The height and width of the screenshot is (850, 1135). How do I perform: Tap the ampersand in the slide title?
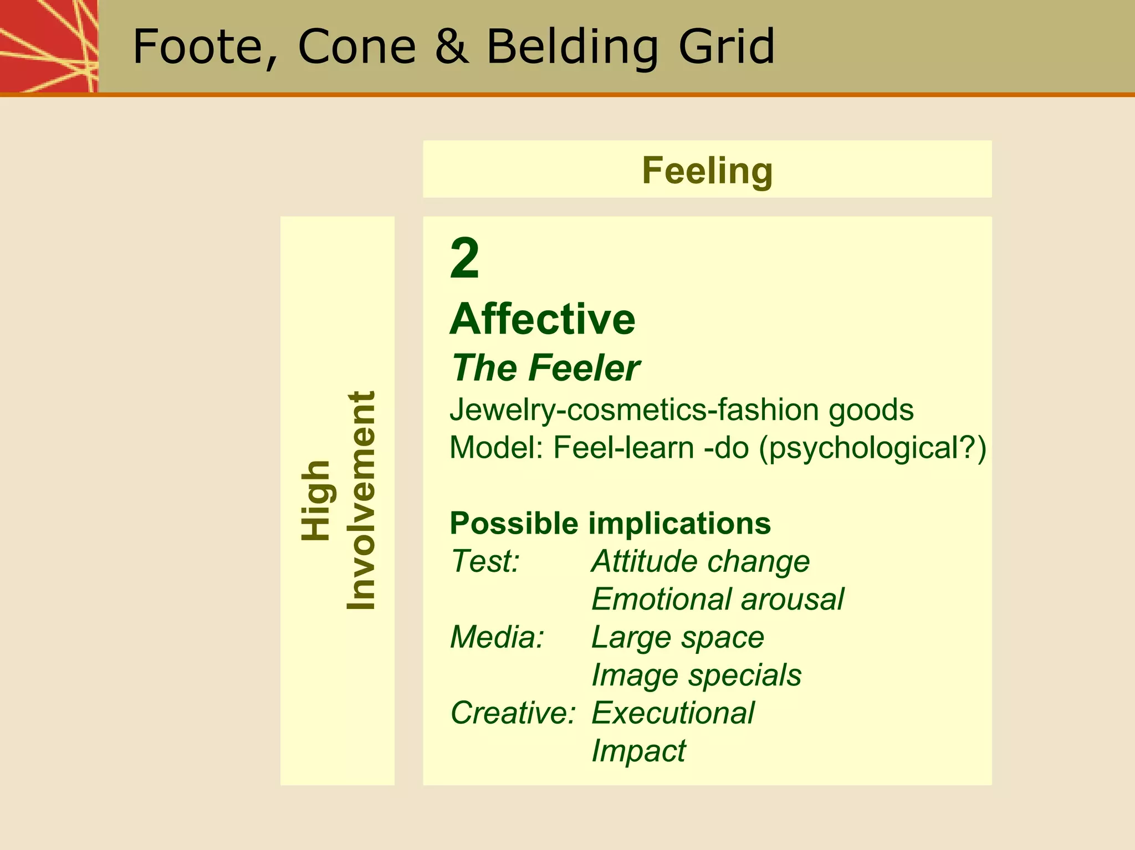452,47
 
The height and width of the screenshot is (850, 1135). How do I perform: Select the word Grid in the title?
727,47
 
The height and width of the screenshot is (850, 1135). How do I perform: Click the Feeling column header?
707,170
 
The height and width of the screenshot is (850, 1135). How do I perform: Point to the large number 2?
464,258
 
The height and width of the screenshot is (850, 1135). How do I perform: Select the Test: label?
485,561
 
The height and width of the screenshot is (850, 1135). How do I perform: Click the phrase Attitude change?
701,561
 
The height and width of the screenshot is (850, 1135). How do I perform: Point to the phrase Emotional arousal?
717,599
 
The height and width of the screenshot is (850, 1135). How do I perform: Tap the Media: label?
497,637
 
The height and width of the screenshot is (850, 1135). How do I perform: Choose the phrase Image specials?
696,675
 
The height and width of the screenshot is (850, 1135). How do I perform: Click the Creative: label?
513,713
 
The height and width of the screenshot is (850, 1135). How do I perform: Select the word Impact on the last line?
638,751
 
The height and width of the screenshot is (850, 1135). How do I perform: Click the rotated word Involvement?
361,500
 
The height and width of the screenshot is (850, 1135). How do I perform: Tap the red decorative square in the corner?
48,45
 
